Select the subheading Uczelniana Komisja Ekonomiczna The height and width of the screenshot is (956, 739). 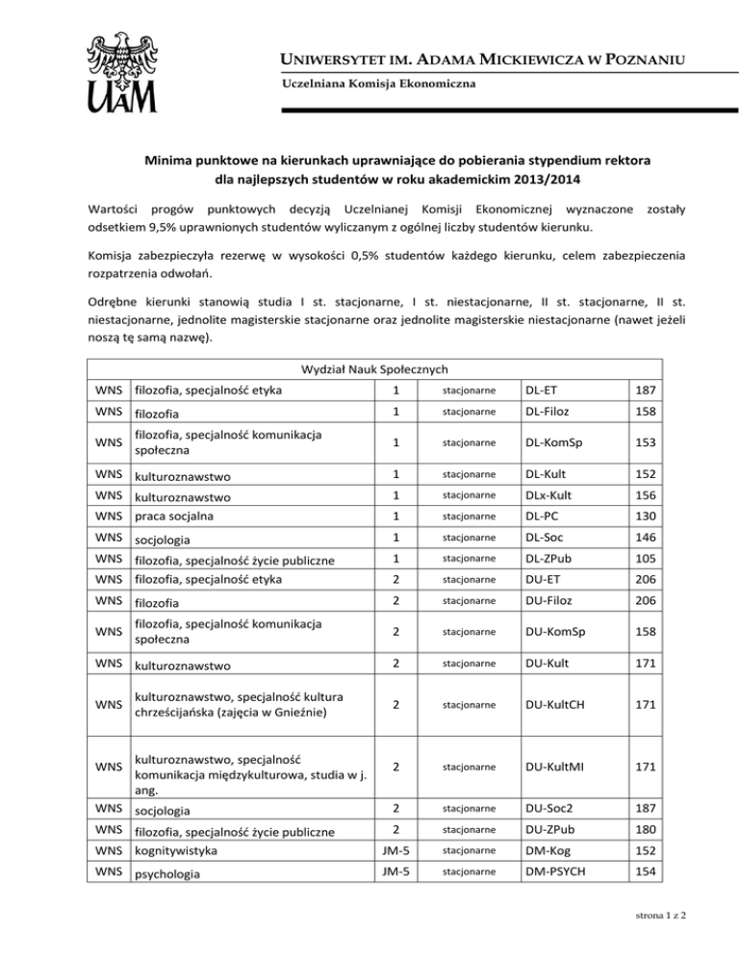[x=378, y=87]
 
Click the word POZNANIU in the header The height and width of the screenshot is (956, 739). [x=636, y=63]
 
